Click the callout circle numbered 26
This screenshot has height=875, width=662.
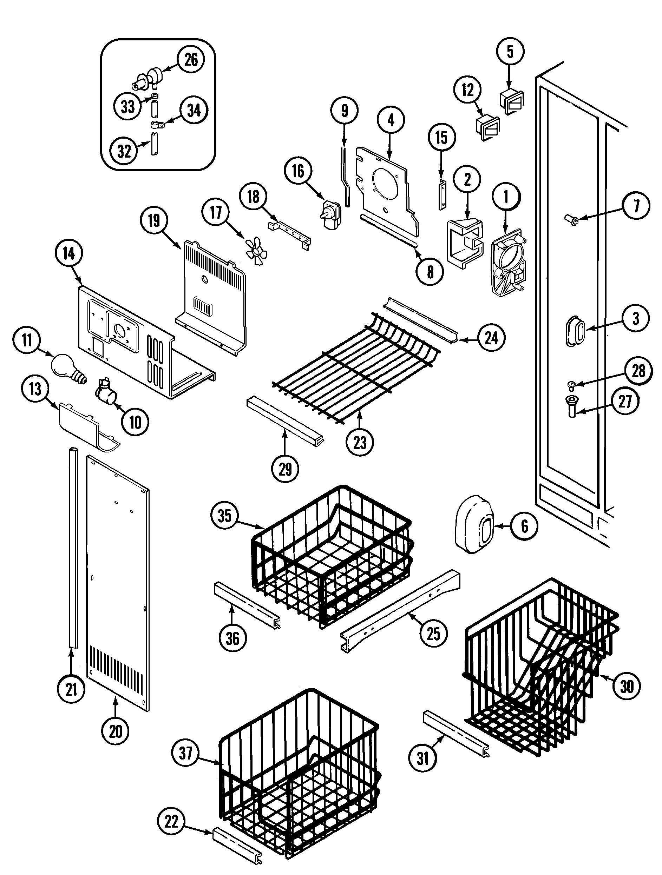point(191,60)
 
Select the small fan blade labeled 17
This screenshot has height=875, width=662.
point(253,250)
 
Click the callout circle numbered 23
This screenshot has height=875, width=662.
point(360,443)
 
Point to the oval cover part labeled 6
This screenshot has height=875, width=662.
point(474,523)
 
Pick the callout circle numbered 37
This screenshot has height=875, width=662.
point(185,753)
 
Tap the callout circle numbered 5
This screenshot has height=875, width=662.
point(510,52)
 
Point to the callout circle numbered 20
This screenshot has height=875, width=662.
point(116,731)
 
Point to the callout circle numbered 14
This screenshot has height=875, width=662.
point(69,253)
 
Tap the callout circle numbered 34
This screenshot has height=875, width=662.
point(194,110)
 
